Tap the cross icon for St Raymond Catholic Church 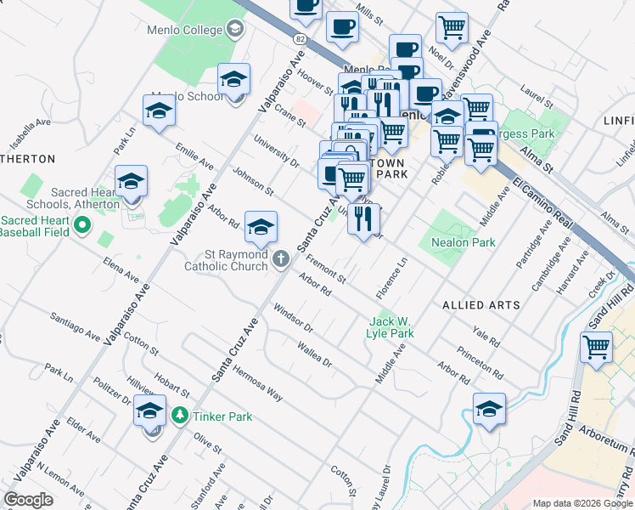pos(283,258)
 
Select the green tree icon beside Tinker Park pos(179,416)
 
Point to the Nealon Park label pos(464,242)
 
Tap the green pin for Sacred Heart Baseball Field pos(82,226)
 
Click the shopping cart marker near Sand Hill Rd pos(597,347)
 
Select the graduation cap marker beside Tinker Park pos(149,411)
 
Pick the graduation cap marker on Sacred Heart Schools pos(131,182)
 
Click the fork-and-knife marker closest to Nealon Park pos(362,218)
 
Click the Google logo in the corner pos(28,500)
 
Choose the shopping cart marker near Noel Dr pos(452,26)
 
